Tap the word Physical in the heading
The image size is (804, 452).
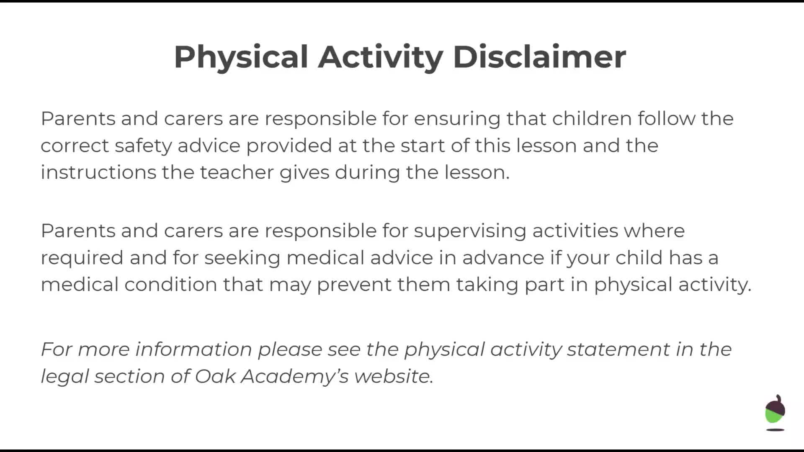(241, 58)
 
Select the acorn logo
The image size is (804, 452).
(775, 413)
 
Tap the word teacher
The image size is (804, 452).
(237, 172)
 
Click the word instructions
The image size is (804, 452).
(98, 172)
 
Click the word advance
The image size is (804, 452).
(503, 257)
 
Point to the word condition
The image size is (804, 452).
(171, 284)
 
